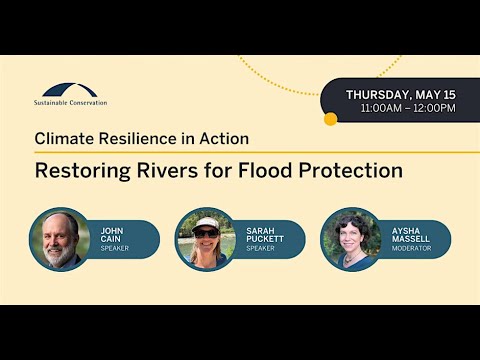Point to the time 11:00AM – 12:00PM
pyautogui.click(x=407, y=108)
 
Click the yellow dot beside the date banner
pyautogui.click(x=331, y=119)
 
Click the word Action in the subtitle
pyautogui.click(x=222, y=139)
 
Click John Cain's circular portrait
pyautogui.click(x=60, y=239)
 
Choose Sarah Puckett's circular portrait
pyautogui.click(x=205, y=239)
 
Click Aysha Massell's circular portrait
pyautogui.click(x=350, y=239)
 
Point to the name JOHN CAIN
pyautogui.click(x=112, y=235)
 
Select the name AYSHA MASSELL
pyautogui.click(x=410, y=235)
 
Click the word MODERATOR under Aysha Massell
pyautogui.click(x=412, y=249)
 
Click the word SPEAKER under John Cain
pyautogui.click(x=114, y=249)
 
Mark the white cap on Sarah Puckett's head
pyautogui.click(x=205, y=223)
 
